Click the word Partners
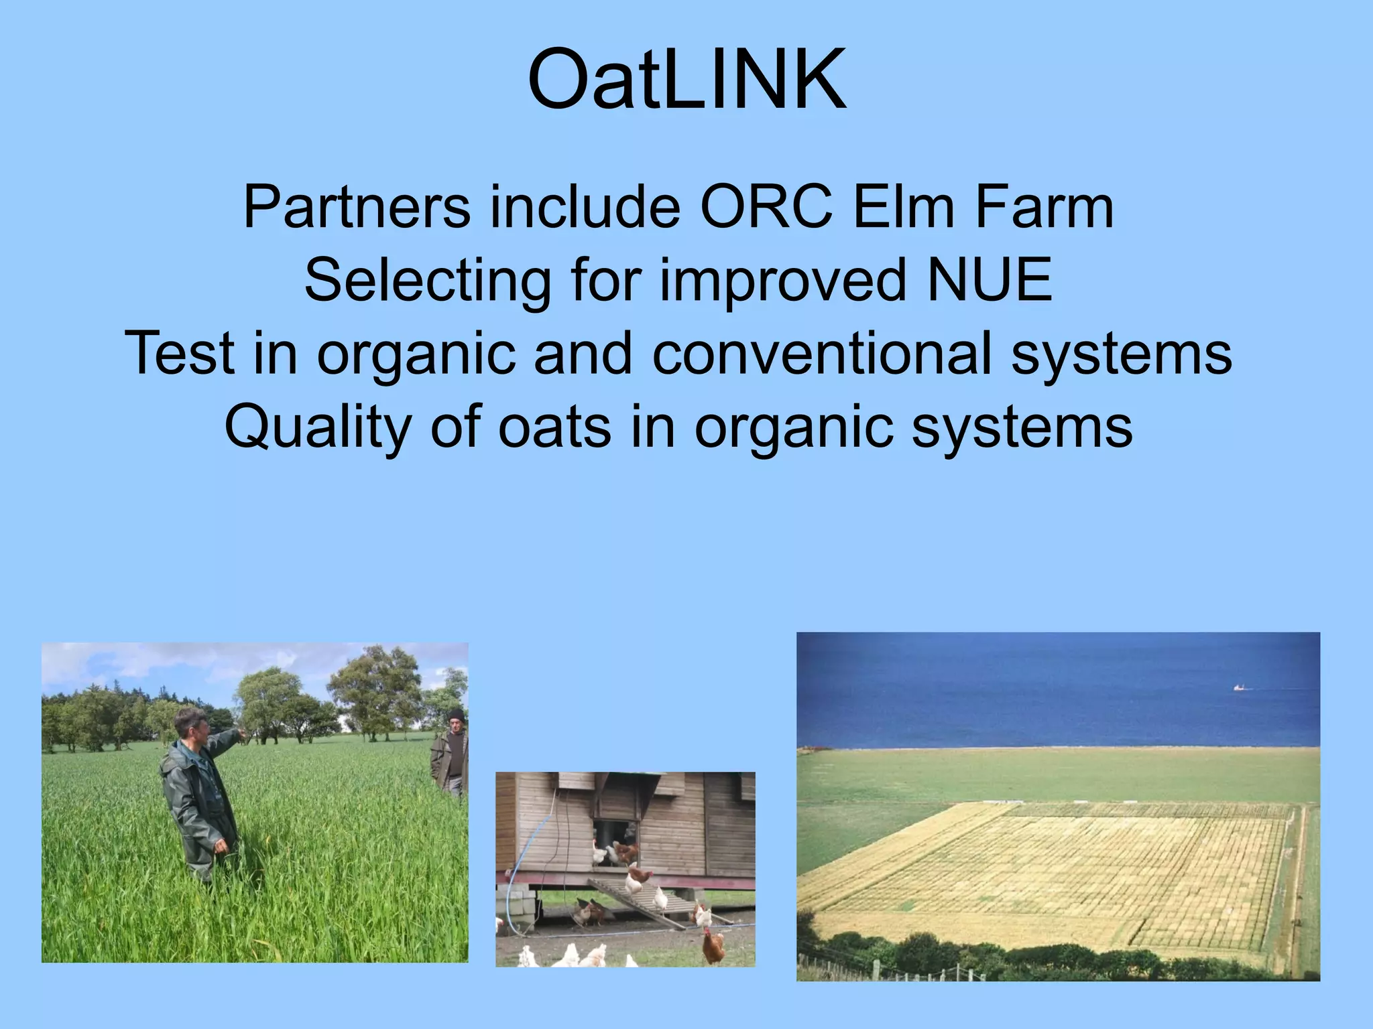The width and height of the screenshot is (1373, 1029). pyautogui.click(x=357, y=208)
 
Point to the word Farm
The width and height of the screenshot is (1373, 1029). pyautogui.click(x=1043, y=208)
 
